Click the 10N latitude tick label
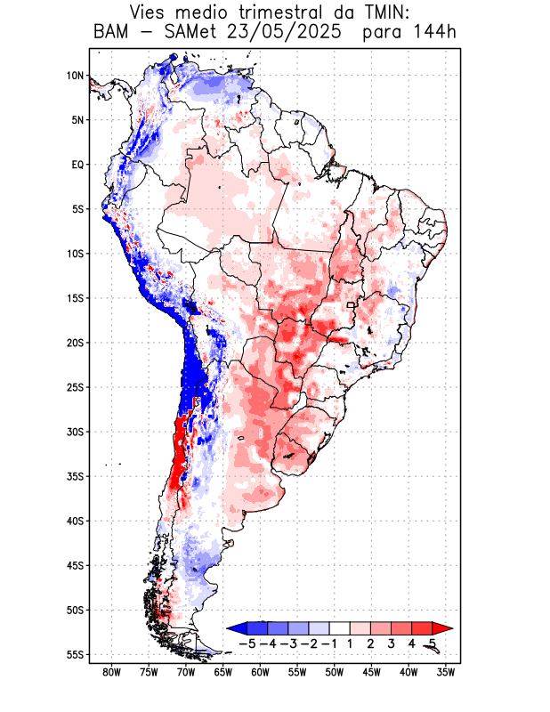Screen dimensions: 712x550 pyautogui.click(x=75, y=76)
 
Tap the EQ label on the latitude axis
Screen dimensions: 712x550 pyautogui.click(x=77, y=165)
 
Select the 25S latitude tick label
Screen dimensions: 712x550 pyautogui.click(x=74, y=387)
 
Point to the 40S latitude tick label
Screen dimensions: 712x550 pyautogui.click(x=74, y=521)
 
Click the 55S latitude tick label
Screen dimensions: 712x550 pyautogui.click(x=74, y=654)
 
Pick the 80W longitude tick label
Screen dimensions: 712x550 pyautogui.click(x=111, y=672)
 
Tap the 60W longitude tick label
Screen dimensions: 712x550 pyautogui.click(x=260, y=672)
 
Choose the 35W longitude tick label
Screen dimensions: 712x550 pyautogui.click(x=446, y=672)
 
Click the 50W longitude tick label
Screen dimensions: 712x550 pyautogui.click(x=335, y=672)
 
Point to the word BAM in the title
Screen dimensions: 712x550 pyautogui.click(x=110, y=34)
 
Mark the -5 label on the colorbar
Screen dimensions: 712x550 pyautogui.click(x=247, y=643)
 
